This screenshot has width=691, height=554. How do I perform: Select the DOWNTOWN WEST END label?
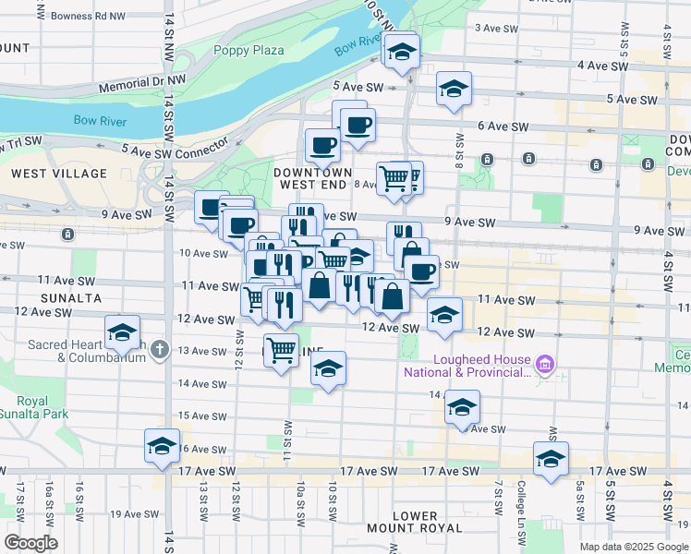[312, 178]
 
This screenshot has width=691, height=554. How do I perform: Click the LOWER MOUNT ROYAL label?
[427, 522]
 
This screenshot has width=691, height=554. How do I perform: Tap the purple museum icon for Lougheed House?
[545, 366]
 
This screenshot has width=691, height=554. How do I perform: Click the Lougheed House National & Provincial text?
[467, 367]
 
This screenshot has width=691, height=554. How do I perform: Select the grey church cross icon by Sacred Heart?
[161, 349]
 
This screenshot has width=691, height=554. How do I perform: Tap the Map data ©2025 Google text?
[633, 547]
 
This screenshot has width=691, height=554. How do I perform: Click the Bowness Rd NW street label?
[88, 16]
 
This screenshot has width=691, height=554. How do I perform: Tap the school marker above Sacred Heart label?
[122, 332]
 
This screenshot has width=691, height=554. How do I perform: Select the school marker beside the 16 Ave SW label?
[162, 445]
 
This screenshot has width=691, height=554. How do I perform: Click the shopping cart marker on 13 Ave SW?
[281, 349]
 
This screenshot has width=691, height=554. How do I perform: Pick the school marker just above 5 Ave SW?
[454, 90]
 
